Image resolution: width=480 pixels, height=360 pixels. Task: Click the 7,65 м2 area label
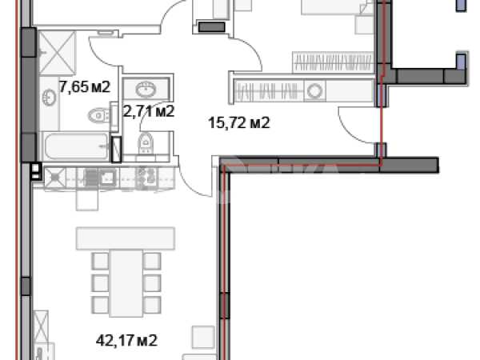point(85,87)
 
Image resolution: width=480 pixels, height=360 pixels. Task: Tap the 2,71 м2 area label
point(149,111)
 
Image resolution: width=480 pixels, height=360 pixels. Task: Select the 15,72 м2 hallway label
point(238,122)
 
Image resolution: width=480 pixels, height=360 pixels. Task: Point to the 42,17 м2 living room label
point(126,340)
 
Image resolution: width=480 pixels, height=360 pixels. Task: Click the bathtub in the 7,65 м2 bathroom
point(75,146)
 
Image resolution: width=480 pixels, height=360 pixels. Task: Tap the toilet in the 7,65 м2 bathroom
point(98,116)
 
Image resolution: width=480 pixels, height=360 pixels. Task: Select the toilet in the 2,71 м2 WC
point(146,143)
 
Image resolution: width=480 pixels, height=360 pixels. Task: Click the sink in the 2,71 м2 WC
point(146,89)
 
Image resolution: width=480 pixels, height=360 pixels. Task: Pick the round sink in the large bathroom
point(49,98)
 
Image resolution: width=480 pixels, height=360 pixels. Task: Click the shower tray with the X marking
point(58,53)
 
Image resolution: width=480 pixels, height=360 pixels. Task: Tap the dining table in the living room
point(126,283)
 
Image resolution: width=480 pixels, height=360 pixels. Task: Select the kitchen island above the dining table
point(126,238)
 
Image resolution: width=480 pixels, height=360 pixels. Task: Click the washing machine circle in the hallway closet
point(314,91)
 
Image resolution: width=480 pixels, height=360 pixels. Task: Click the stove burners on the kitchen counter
point(146,177)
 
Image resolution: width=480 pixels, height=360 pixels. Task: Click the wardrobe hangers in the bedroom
point(333,62)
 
